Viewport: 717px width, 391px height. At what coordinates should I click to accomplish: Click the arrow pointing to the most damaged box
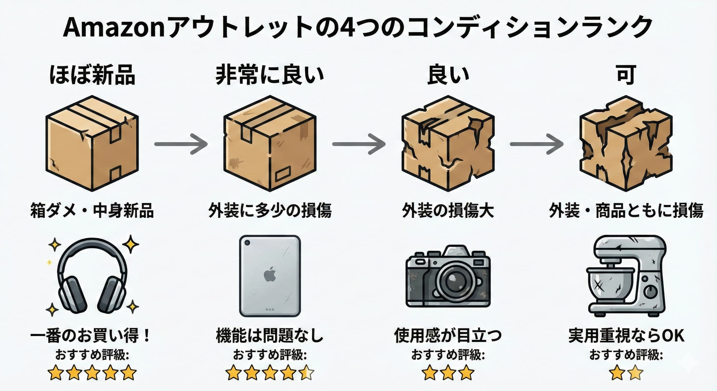[537, 144]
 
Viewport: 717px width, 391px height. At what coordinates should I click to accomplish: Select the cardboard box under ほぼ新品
[92, 143]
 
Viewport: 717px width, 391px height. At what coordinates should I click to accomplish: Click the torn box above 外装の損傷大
[448, 143]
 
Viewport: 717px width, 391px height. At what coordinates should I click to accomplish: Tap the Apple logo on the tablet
[270, 274]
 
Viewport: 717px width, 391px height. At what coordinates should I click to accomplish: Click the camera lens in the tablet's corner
[247, 243]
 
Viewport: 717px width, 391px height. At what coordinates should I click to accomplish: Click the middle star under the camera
[448, 373]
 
